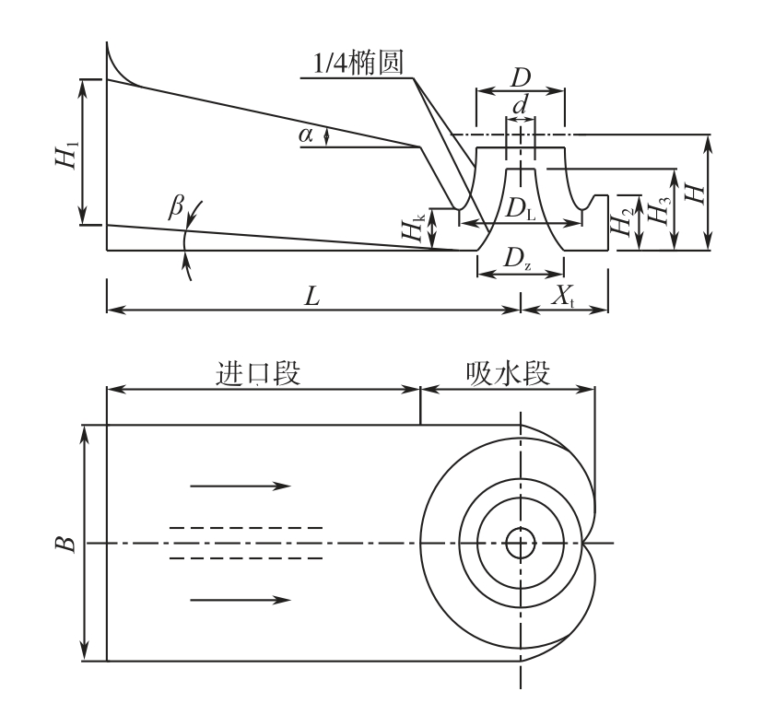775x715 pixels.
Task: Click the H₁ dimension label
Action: tap(65, 151)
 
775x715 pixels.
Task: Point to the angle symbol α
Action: tap(306, 135)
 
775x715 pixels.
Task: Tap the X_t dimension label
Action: tap(563, 296)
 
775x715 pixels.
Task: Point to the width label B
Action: tap(65, 543)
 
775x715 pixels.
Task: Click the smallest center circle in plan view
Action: tap(521, 543)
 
